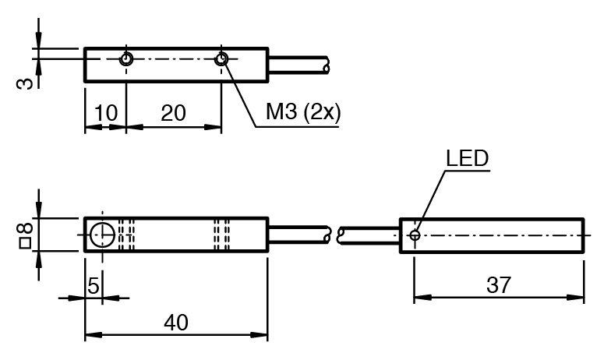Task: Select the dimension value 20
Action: [x=173, y=113]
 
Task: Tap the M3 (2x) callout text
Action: [x=302, y=112]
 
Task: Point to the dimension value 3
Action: [x=26, y=80]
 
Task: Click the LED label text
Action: [x=467, y=158]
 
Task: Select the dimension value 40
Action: [x=176, y=323]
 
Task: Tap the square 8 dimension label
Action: [x=26, y=235]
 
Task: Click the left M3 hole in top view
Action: [x=125, y=59]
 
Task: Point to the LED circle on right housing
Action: [x=415, y=234]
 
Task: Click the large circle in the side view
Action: [x=102, y=235]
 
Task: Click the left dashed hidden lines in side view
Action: [x=128, y=235]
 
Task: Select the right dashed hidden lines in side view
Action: [x=224, y=235]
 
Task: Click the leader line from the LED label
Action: [x=431, y=198]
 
